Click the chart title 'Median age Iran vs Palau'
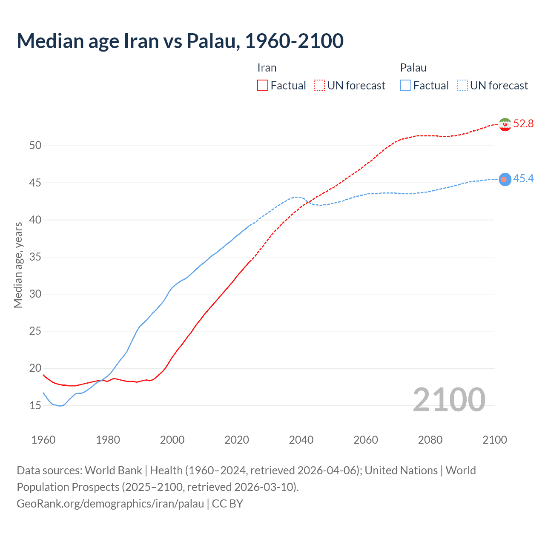[180, 41]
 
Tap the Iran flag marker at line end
[505, 124]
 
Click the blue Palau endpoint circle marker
[505, 179]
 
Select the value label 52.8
[523, 124]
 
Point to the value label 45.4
[523, 179]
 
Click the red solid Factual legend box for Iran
[263, 86]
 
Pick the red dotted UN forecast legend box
[319, 86]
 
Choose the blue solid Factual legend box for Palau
[406, 86]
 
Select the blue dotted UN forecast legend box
[462, 86]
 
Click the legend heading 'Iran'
[267, 68]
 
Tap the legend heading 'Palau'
[413, 68]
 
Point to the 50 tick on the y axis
[35, 146]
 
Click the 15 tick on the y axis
[35, 405]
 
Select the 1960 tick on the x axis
[43, 440]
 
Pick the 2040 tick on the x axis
[301, 440]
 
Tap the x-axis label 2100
[494, 440]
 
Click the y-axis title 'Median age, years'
[18, 265]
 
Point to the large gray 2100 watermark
[449, 400]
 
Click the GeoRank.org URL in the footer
[110, 504]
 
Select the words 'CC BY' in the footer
[227, 504]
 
